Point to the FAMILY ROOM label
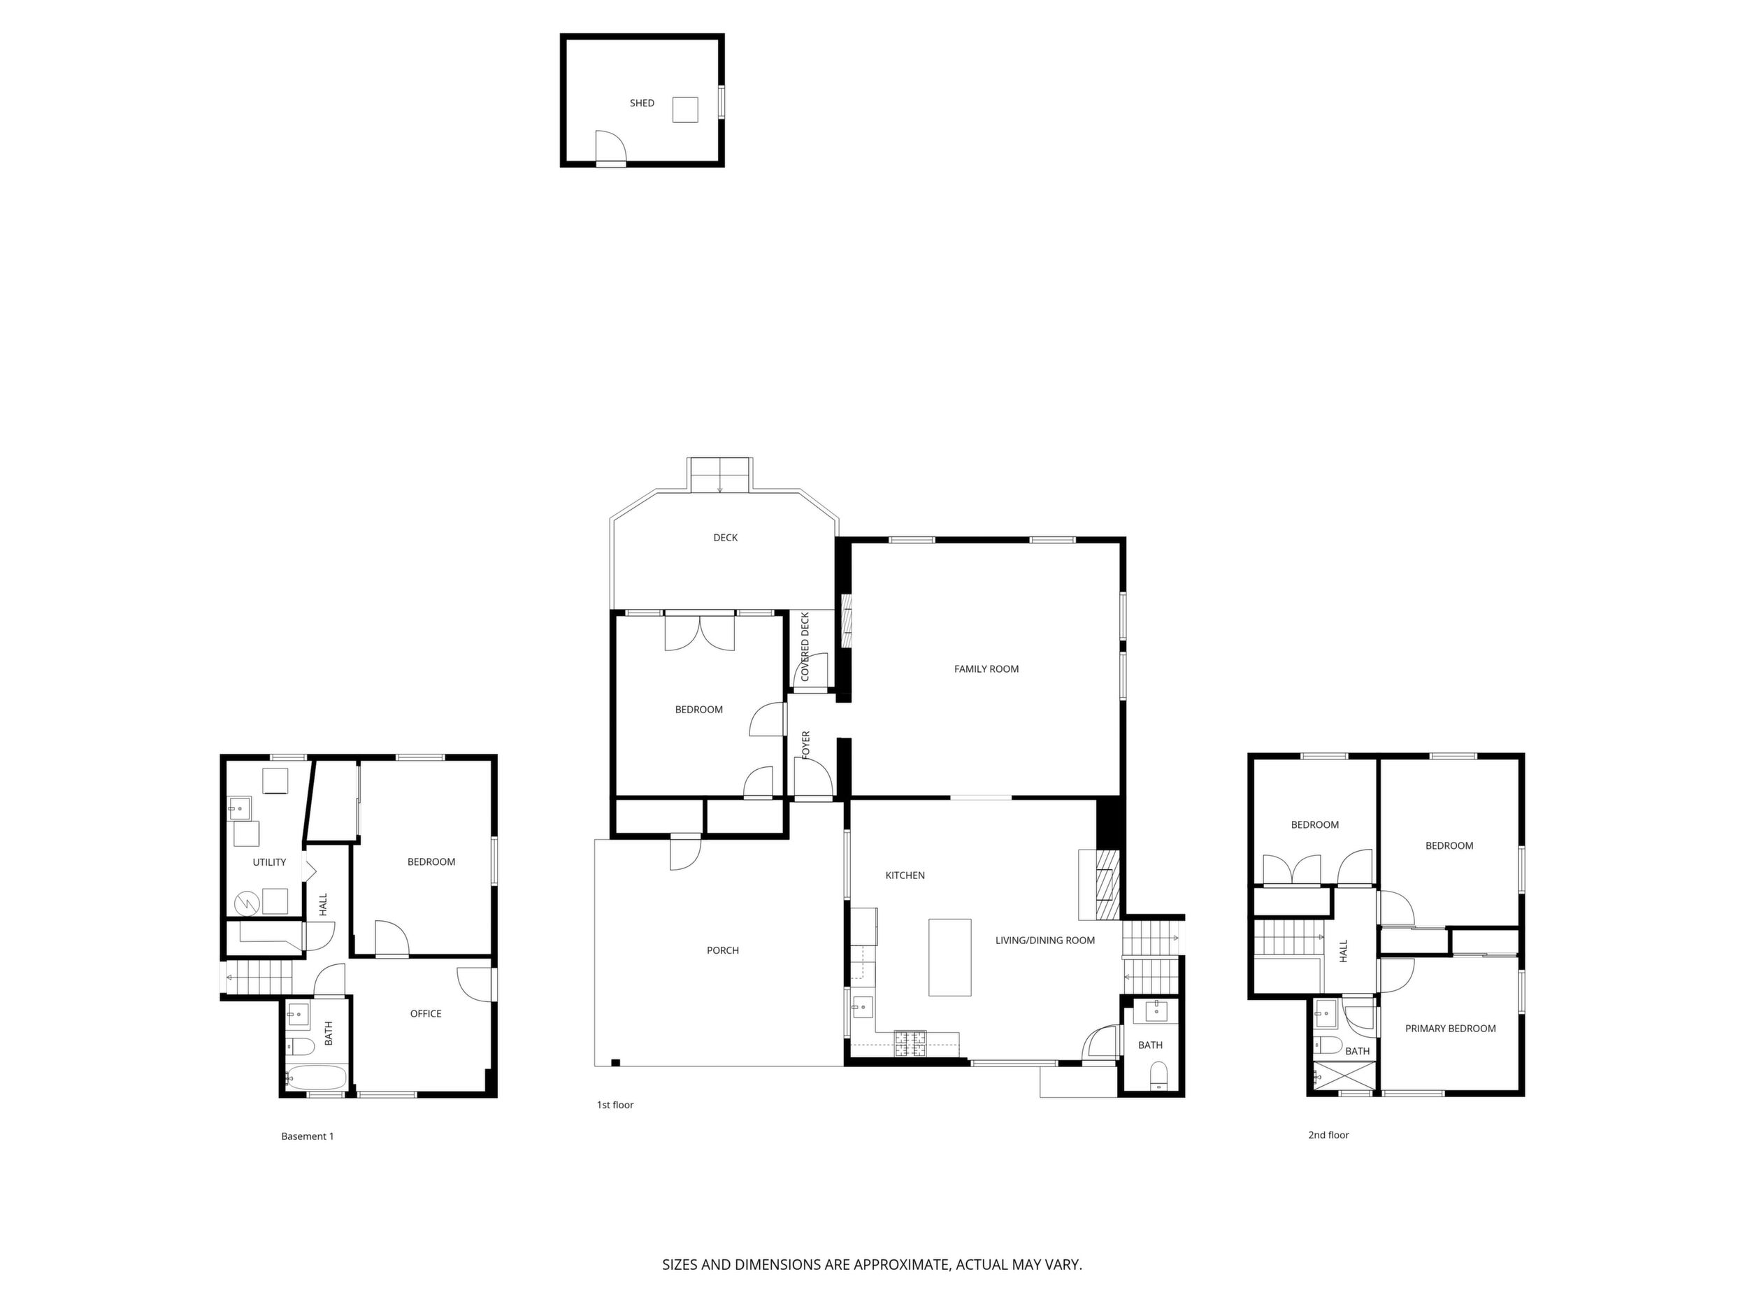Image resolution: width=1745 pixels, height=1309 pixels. click(x=986, y=668)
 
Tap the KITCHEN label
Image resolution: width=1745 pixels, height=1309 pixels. click(x=905, y=875)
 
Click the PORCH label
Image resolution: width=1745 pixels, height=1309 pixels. click(x=723, y=950)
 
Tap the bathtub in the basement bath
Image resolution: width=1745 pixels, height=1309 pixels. click(x=315, y=1077)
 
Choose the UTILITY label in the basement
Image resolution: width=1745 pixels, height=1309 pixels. click(x=269, y=862)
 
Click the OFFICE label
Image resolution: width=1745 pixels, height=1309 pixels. click(x=425, y=1013)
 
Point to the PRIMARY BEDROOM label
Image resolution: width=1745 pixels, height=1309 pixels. click(x=1450, y=1028)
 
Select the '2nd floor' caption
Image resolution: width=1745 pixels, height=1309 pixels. click(x=1328, y=1135)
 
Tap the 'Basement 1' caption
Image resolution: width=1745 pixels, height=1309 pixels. click(x=308, y=1136)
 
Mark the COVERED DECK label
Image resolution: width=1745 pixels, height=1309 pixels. click(x=805, y=647)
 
